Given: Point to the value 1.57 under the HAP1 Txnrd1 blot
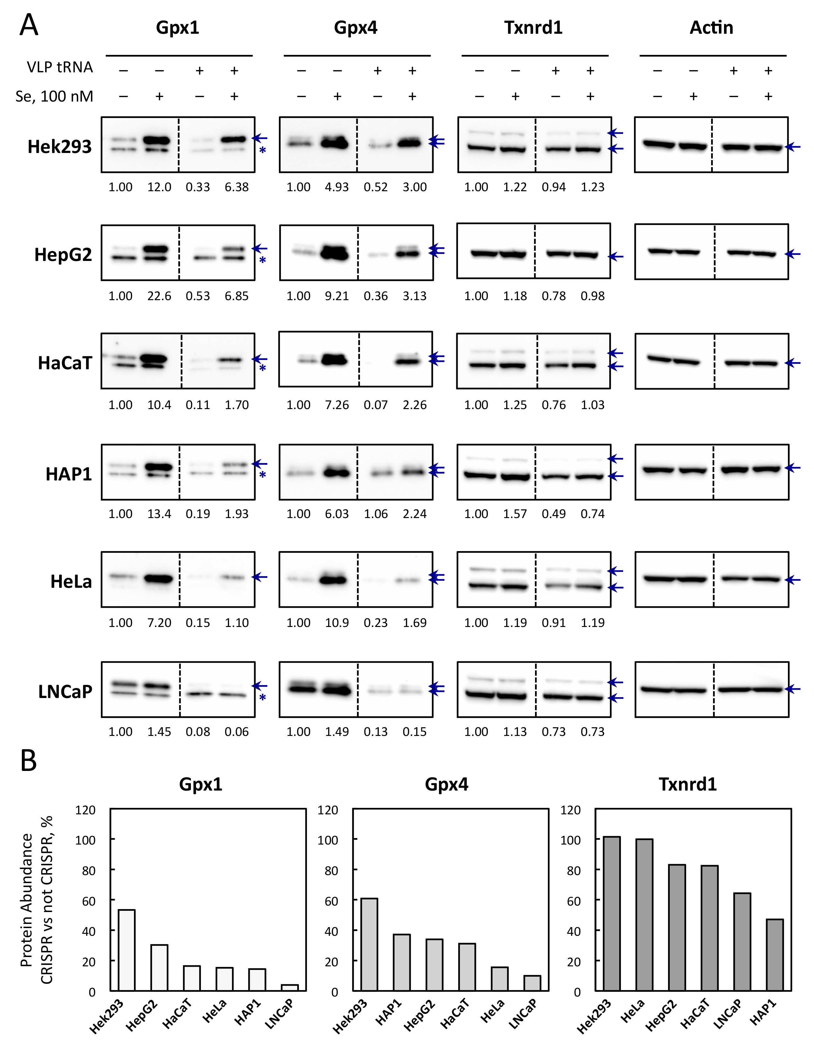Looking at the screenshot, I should click(515, 514).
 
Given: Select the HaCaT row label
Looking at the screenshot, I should click(65, 363).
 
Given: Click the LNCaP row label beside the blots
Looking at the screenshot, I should click(65, 692).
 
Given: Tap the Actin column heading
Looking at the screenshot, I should click(711, 28).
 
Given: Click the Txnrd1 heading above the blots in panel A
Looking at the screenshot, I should click(533, 28).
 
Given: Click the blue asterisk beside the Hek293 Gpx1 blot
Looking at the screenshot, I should click(262, 150).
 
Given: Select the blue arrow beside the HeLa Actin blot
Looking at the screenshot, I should click(792, 580).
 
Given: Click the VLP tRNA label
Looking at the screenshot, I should click(59, 67).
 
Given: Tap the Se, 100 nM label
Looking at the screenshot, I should click(54, 96).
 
